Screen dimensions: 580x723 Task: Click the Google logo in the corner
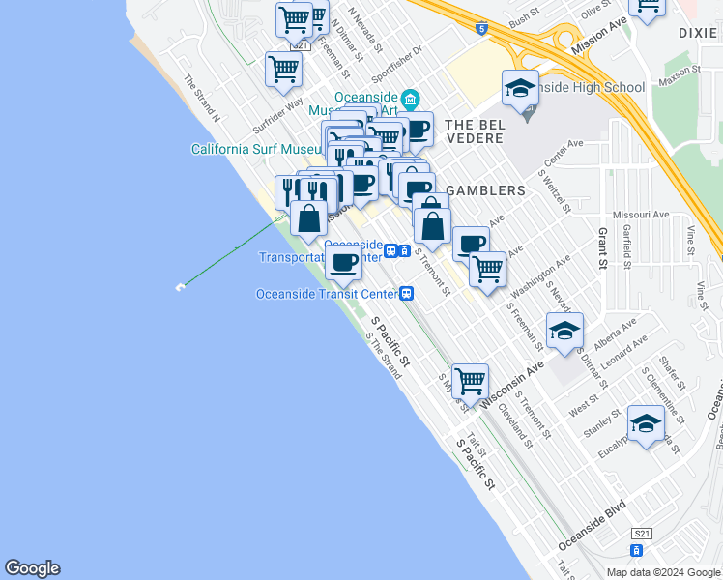coord(32,568)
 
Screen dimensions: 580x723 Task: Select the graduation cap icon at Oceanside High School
coord(520,89)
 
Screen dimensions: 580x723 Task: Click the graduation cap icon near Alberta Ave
coord(564,332)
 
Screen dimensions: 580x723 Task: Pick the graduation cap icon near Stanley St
coord(646,423)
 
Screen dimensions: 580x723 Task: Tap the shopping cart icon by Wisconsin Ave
coord(470,381)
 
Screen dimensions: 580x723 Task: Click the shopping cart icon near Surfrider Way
coord(283,69)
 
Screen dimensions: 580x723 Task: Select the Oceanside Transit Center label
coord(328,294)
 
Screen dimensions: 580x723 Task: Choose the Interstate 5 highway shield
coord(480,29)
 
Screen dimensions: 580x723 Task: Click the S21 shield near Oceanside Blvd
coord(642,534)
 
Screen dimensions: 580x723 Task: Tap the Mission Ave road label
coord(599,34)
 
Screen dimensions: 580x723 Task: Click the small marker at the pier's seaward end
coord(180,287)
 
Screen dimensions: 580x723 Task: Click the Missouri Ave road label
coord(641,215)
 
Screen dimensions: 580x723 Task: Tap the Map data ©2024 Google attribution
coord(663,572)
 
